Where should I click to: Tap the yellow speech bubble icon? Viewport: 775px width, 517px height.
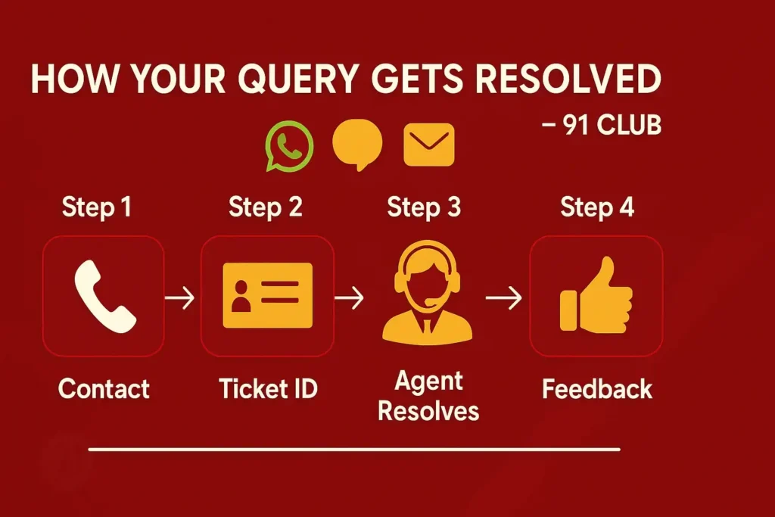pos(357,145)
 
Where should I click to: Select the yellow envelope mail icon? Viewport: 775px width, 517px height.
pos(429,144)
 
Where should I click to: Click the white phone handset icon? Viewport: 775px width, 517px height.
pos(104,296)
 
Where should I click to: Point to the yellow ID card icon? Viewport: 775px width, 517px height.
pos(267,295)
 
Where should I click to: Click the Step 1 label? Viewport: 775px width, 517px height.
pos(96,207)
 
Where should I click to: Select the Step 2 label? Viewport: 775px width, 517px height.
pos(266,207)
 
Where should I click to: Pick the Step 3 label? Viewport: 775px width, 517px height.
pos(424,207)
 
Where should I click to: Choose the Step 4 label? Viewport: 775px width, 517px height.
pos(597,207)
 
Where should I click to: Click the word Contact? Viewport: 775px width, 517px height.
pos(104,389)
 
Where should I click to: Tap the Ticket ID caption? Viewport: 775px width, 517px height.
pos(268,389)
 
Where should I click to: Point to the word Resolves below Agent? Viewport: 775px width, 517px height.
pos(428,411)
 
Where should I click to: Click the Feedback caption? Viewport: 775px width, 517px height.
pos(597,389)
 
